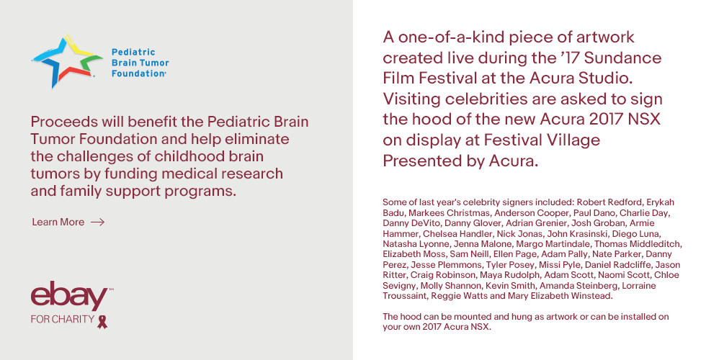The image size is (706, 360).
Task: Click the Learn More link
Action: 58,222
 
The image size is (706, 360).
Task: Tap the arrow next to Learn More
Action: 98,222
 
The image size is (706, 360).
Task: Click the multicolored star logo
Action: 66,61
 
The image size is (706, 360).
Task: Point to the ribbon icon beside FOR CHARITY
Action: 102,321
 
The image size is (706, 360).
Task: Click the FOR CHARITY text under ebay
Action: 62,319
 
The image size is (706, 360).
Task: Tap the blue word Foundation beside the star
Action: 138,73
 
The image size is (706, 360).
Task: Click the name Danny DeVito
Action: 411,223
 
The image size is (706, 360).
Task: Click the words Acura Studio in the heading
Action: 581,78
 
